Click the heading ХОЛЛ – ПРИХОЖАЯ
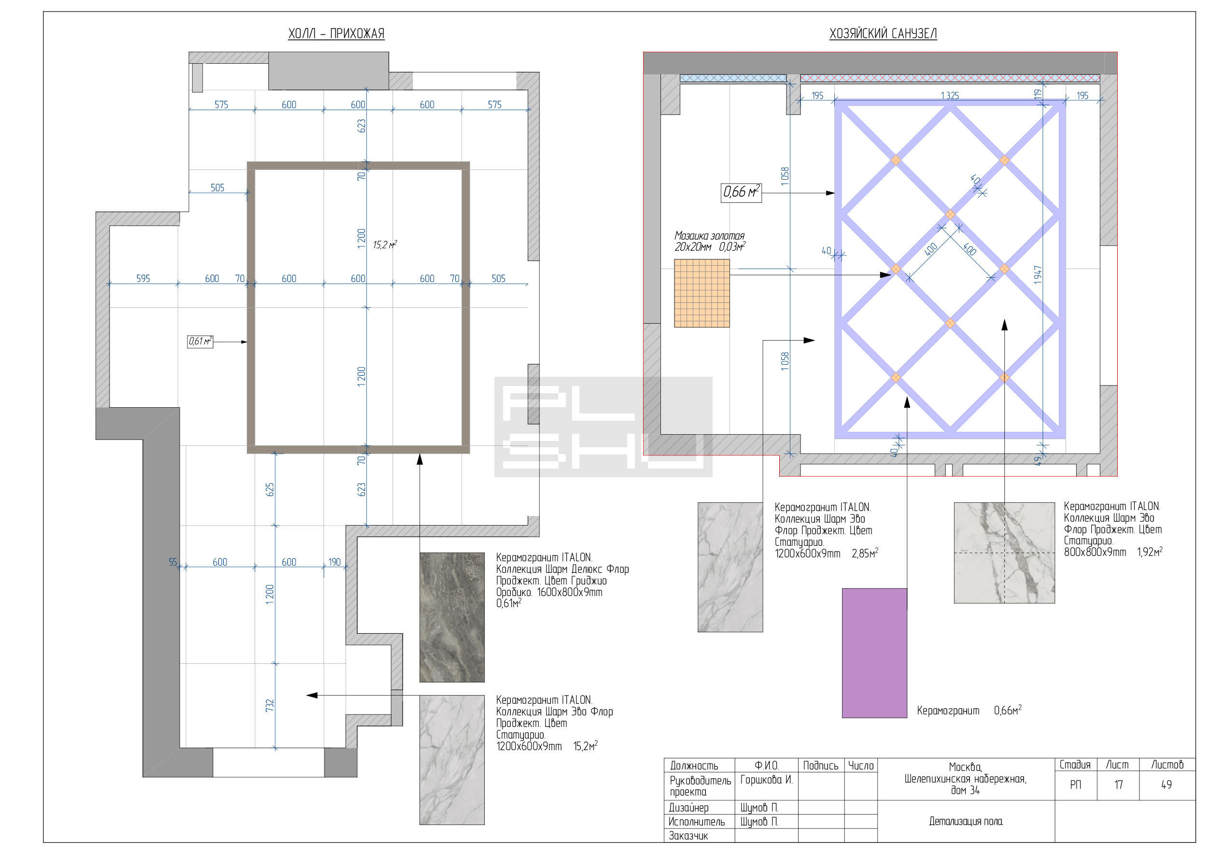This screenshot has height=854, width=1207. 336,34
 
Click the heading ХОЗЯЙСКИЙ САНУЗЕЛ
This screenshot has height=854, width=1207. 883,34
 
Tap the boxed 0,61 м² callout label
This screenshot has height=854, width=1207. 200,342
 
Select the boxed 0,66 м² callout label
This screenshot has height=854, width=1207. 741,192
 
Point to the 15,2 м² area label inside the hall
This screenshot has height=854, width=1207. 385,244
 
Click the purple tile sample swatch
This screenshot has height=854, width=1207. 874,653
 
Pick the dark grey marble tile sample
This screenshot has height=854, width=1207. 451,617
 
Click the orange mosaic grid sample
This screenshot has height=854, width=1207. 702,293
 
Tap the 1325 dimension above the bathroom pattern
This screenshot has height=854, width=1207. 949,95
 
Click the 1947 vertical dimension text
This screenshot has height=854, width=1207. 1038,274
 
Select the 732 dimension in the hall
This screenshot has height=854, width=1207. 270,705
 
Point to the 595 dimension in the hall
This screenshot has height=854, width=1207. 143,278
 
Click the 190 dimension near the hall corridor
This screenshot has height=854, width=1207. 335,562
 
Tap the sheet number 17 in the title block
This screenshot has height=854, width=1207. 1118,784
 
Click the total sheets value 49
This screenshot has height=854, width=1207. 1166,784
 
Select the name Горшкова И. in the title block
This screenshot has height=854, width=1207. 766,779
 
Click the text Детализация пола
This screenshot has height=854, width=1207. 966,821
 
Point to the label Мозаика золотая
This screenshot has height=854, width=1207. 709,235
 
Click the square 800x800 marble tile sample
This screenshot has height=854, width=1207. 1004,553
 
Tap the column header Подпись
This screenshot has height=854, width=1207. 821,765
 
